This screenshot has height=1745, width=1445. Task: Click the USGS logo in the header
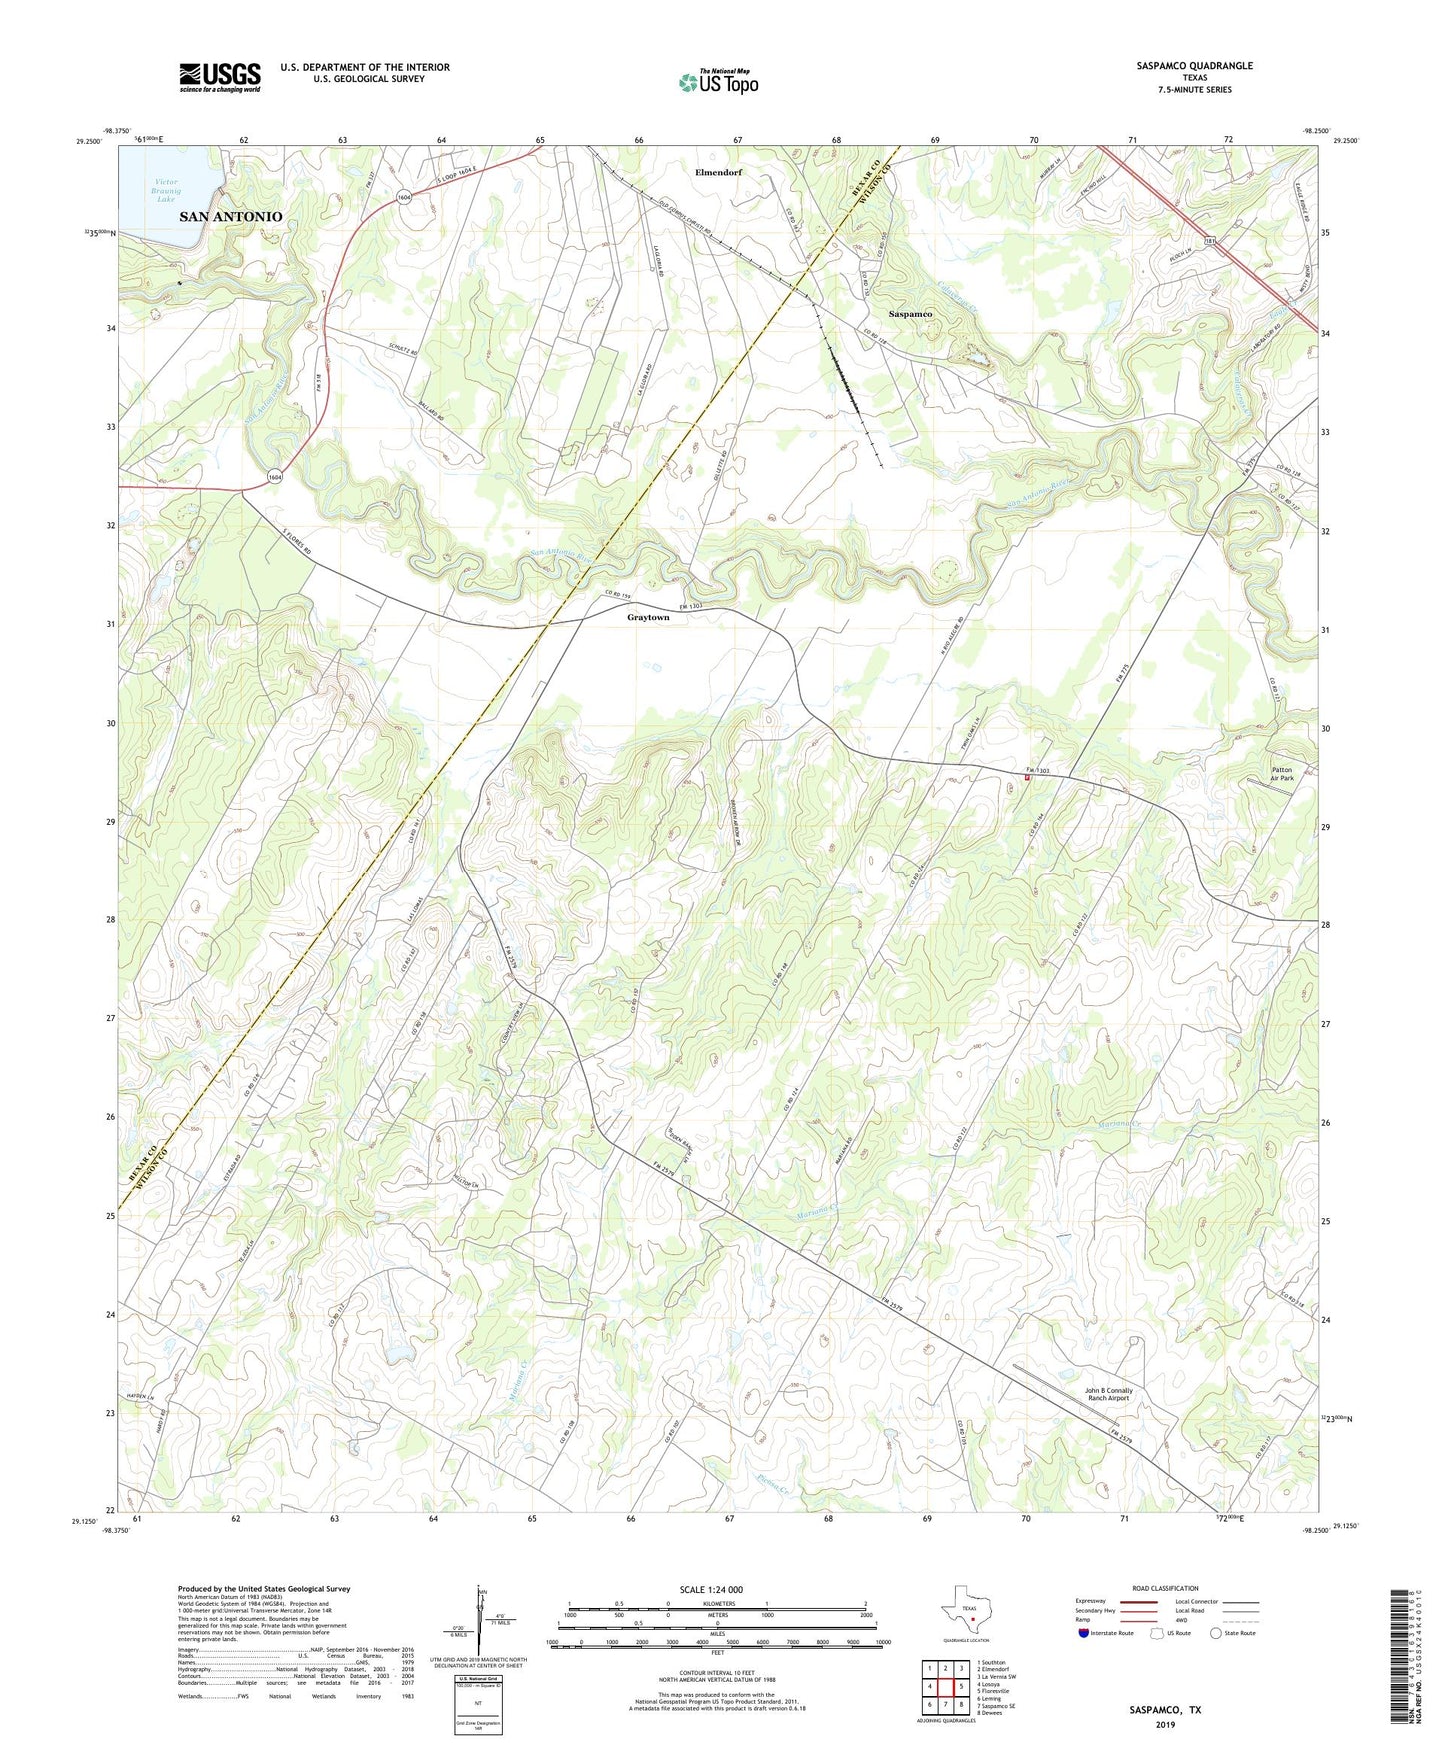(x=219, y=76)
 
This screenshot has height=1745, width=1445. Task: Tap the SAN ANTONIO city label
(x=231, y=216)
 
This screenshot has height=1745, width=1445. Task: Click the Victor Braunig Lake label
(x=158, y=190)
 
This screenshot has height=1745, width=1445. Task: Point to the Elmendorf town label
(x=719, y=172)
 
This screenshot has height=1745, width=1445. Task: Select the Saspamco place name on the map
(x=910, y=314)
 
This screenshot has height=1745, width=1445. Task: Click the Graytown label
(x=648, y=618)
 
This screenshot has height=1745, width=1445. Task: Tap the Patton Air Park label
(x=1282, y=774)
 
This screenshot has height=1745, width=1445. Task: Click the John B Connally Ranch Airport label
(x=1107, y=1394)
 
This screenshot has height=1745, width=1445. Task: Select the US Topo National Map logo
(x=718, y=82)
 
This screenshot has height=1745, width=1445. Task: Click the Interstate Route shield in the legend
(x=1084, y=1633)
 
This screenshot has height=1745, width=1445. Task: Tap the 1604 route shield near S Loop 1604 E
(x=402, y=197)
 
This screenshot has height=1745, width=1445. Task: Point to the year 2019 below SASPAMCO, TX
(x=1165, y=1724)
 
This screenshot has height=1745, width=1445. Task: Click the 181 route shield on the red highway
(x=1209, y=241)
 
